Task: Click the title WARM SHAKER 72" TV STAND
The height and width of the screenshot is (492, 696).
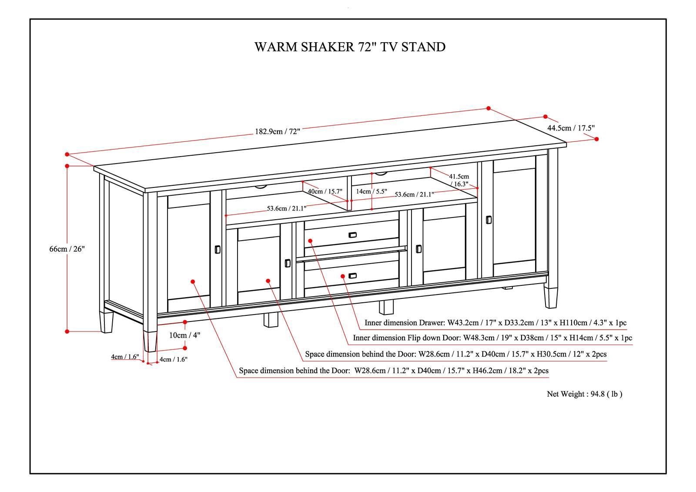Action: tap(350, 47)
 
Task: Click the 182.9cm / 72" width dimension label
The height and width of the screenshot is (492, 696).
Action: tap(278, 131)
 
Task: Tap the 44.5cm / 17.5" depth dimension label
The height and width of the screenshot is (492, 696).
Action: tap(571, 128)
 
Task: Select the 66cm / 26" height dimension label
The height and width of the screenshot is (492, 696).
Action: tap(67, 249)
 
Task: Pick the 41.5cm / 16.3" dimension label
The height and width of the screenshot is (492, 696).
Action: tap(459, 180)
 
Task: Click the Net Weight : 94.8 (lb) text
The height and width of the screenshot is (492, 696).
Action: tap(584, 394)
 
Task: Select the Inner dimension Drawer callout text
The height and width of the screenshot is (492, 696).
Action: tap(495, 323)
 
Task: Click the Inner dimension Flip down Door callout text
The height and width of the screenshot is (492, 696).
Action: tap(492, 338)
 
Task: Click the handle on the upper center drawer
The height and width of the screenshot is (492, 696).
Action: tap(352, 235)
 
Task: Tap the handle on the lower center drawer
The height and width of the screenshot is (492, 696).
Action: tap(352, 275)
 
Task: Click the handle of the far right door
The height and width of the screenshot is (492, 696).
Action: tap(489, 219)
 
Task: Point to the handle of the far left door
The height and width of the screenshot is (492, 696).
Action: tap(217, 249)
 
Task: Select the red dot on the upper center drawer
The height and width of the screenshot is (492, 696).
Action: tap(310, 241)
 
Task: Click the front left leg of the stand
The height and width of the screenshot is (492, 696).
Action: tap(150, 341)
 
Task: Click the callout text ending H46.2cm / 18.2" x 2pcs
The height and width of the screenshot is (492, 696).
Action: tap(394, 371)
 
